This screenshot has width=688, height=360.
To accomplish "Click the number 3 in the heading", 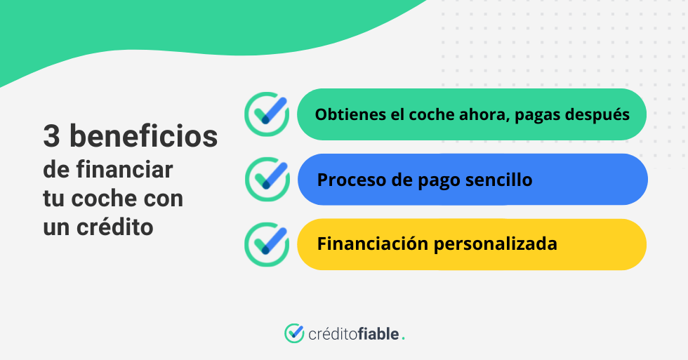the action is (x=51, y=136).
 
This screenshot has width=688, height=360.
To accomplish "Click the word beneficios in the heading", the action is (x=144, y=135).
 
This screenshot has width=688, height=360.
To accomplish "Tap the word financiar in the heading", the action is (x=125, y=169).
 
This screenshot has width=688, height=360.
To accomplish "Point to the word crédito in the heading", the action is (x=115, y=226).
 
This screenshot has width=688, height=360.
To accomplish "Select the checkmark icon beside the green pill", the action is (x=267, y=114).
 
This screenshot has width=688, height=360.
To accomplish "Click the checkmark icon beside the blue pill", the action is (x=267, y=180).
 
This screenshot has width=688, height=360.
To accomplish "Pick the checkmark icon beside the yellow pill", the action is (x=267, y=244).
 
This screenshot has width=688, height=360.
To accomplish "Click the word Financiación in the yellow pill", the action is (x=373, y=244).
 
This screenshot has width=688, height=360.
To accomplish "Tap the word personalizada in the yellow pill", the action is (x=496, y=244).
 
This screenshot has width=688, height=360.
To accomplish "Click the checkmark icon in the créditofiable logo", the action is (x=294, y=333).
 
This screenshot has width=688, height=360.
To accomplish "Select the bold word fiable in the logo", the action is (x=378, y=334).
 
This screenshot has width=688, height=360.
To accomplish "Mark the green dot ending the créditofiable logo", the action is (x=403, y=339).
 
